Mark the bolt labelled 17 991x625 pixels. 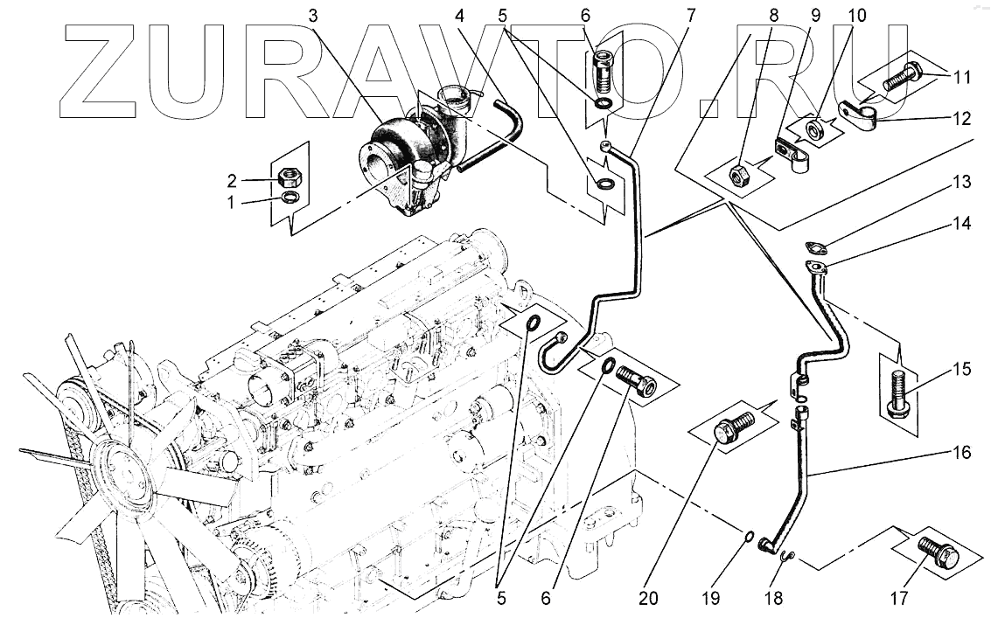click(938, 550)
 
